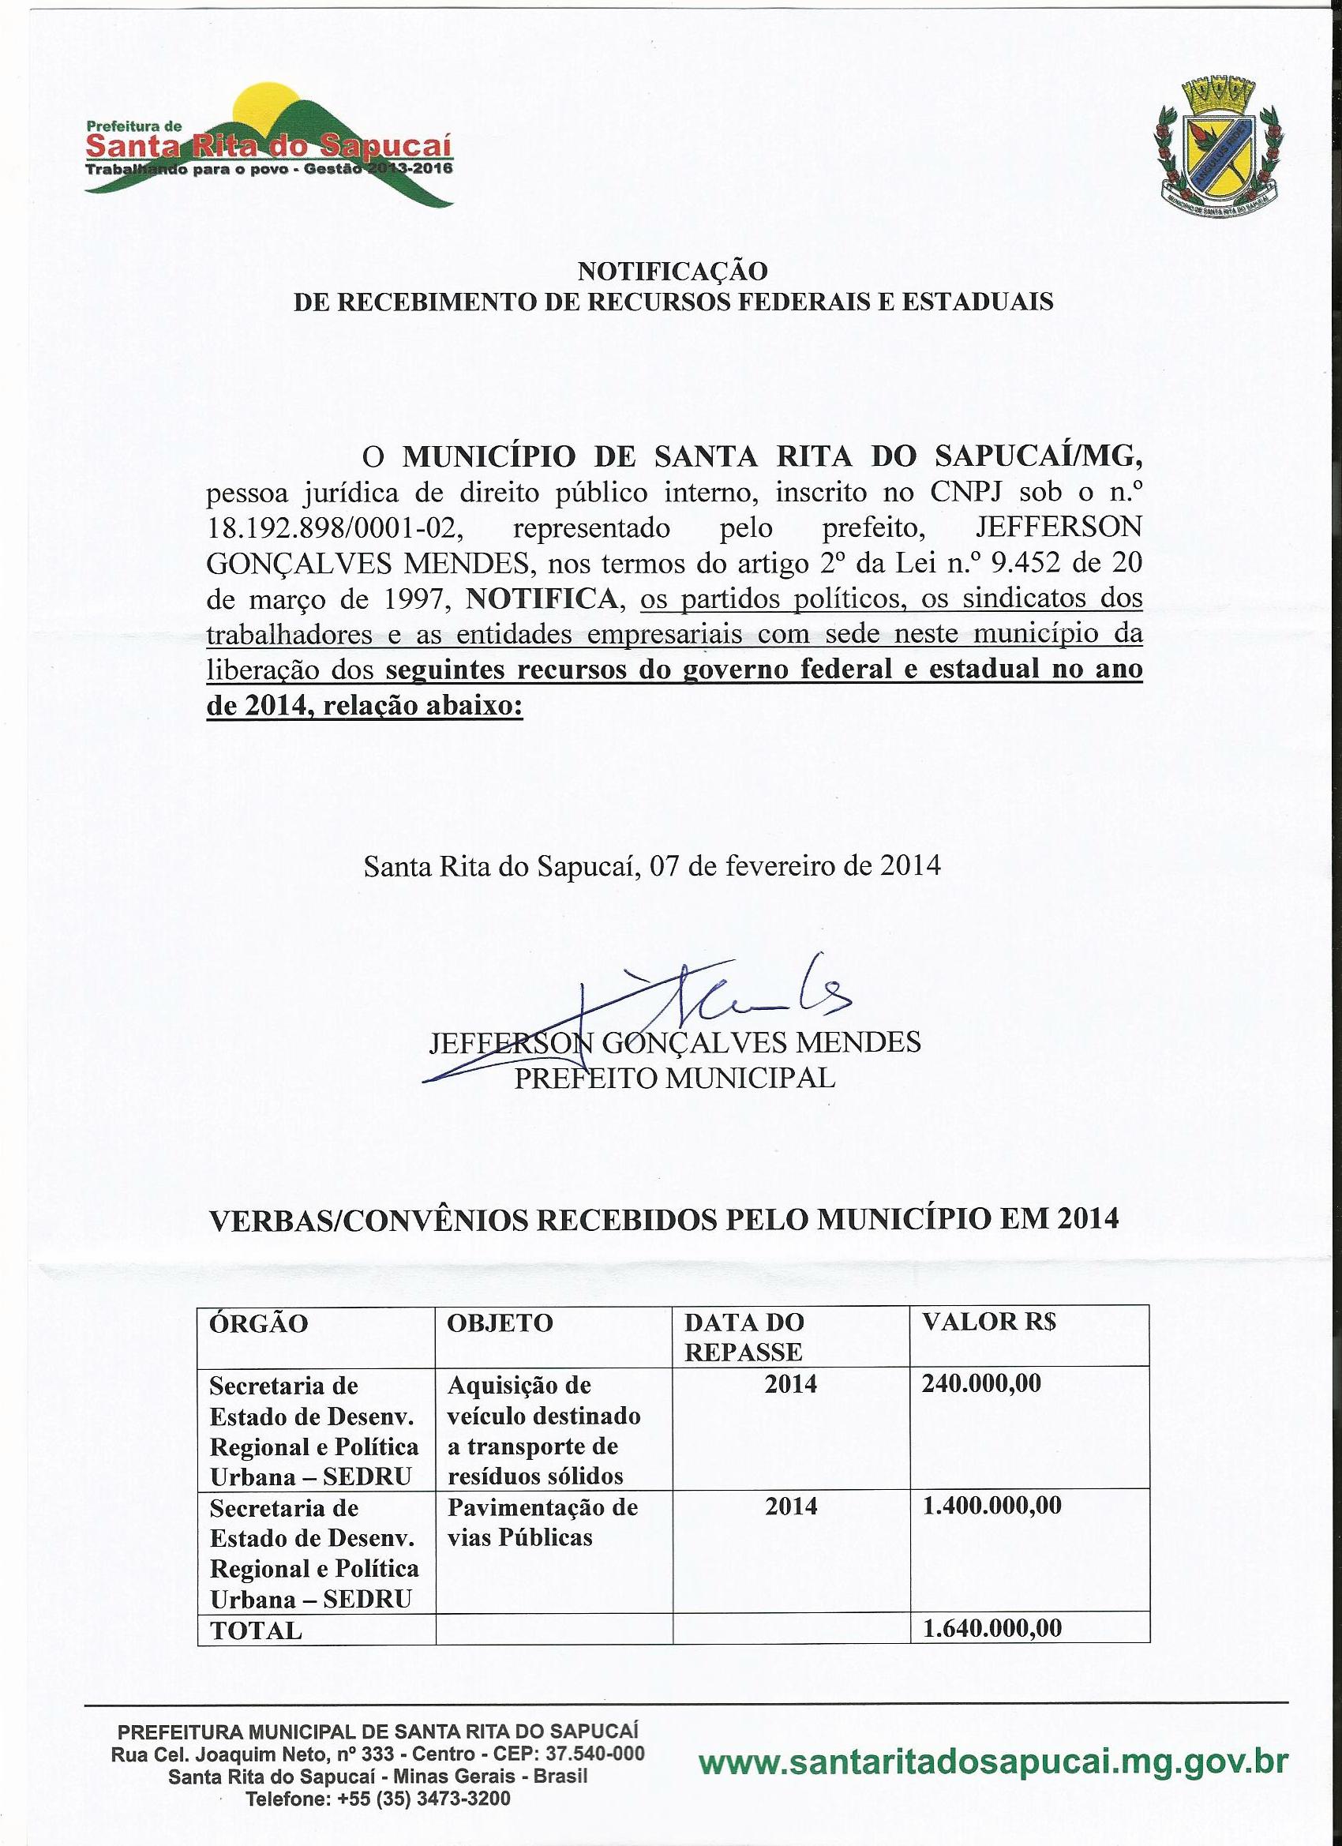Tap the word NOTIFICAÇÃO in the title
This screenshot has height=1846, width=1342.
(x=673, y=270)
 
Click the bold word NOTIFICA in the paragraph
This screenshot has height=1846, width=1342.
(x=542, y=599)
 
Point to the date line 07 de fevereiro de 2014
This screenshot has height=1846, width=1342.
(x=652, y=865)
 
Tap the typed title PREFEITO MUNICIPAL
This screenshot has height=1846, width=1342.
(x=675, y=1078)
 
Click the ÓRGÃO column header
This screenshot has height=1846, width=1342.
(x=259, y=1323)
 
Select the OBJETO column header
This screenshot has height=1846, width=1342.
(x=500, y=1323)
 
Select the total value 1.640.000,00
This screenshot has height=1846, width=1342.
(x=992, y=1606)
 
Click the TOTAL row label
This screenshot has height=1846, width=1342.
(x=257, y=1608)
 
